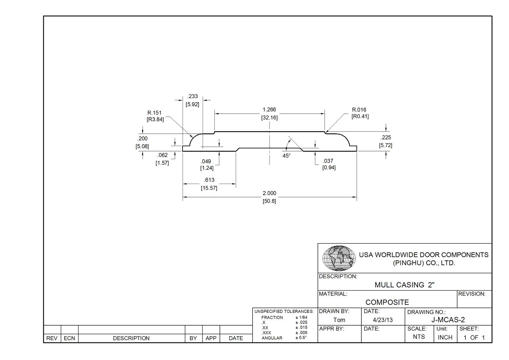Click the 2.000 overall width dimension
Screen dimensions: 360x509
269,193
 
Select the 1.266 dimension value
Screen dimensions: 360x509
269,110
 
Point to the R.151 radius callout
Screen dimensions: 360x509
154,113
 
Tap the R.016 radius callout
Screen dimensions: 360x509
359,110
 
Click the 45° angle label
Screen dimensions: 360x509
286,156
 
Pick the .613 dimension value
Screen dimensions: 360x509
209,180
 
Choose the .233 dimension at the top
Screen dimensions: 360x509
192,96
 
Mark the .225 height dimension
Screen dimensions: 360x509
386,138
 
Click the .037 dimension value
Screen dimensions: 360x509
328,161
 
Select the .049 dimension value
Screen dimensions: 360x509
206,161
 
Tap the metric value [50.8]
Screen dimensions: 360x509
269,201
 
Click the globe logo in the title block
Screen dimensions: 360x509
339,258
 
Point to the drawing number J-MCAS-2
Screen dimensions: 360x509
448,320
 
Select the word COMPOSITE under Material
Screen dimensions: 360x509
387,302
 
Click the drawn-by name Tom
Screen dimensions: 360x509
339,320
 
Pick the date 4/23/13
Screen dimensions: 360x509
383,320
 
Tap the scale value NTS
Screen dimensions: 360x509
419,337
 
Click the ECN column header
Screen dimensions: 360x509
69,338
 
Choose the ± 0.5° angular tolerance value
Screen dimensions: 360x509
301,338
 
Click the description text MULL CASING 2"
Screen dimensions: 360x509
404,285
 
